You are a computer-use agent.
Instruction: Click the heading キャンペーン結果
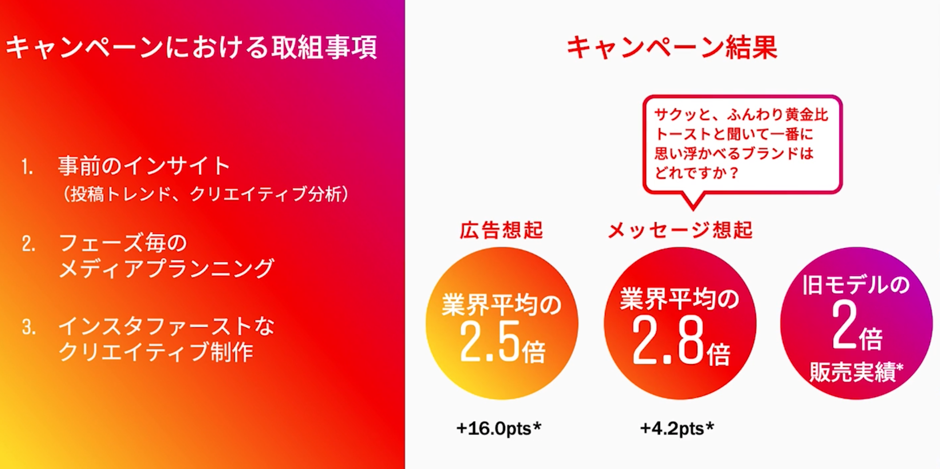[672, 48]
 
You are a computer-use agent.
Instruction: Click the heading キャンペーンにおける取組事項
[191, 47]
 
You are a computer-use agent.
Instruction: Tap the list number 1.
[27, 167]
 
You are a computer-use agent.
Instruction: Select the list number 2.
[28, 244]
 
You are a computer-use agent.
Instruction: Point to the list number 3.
[29, 327]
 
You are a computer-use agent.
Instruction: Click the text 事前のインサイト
[144, 166]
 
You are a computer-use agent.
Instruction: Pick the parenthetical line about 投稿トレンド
[205, 194]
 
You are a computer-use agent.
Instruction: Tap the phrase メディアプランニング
[166, 268]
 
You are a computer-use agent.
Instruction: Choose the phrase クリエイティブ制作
[156, 352]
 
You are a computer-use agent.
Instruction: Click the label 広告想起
[501, 230]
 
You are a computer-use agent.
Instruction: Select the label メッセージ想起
[680, 230]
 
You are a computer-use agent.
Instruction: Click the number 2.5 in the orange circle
[489, 342]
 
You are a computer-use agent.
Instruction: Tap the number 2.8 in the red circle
[668, 341]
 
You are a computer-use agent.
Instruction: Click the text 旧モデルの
[856, 285]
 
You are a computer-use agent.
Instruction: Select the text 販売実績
[852, 372]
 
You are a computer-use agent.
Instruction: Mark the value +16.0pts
[494, 429]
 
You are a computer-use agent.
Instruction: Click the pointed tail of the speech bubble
[693, 208]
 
